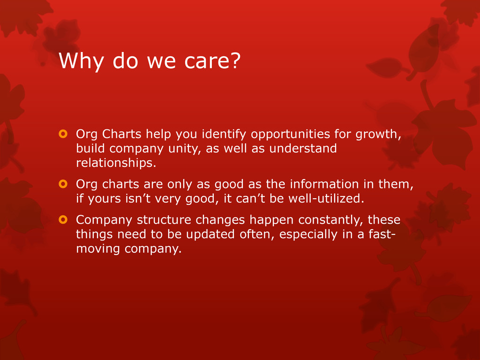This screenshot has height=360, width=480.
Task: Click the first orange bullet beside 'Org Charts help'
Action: click(63, 134)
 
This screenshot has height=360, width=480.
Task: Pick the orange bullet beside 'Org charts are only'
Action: click(63, 184)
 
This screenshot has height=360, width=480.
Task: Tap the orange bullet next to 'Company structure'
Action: click(63, 219)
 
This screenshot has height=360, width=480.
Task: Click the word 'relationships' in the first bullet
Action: click(114, 163)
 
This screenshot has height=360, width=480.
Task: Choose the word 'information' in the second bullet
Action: click(324, 184)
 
